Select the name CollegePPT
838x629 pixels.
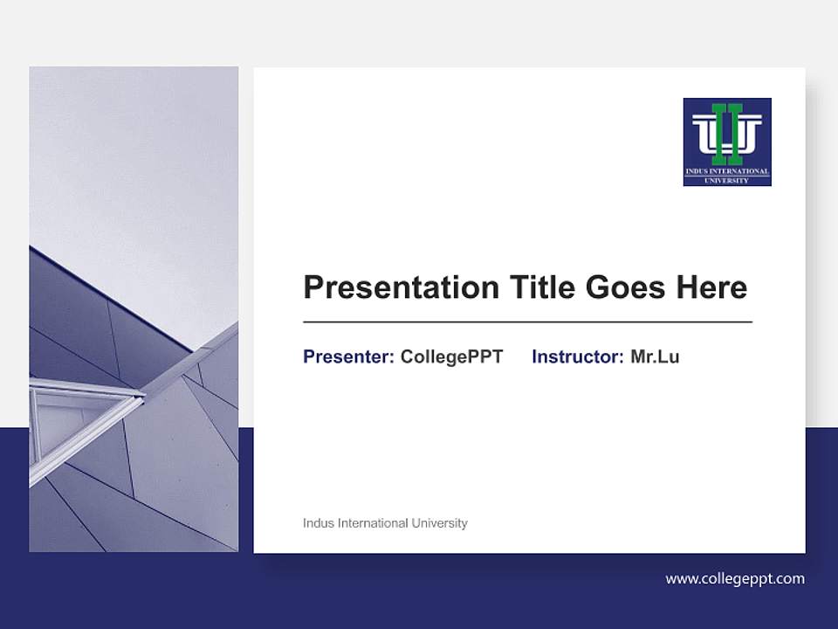(451, 356)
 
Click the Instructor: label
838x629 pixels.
(577, 356)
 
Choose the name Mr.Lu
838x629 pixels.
(655, 356)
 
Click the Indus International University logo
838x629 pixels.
(726, 142)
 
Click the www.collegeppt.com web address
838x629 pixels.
(735, 578)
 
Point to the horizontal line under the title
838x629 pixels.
(527, 322)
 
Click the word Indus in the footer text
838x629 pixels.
(319, 523)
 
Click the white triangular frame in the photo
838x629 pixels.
(79, 419)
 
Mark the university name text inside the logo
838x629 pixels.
(726, 174)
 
